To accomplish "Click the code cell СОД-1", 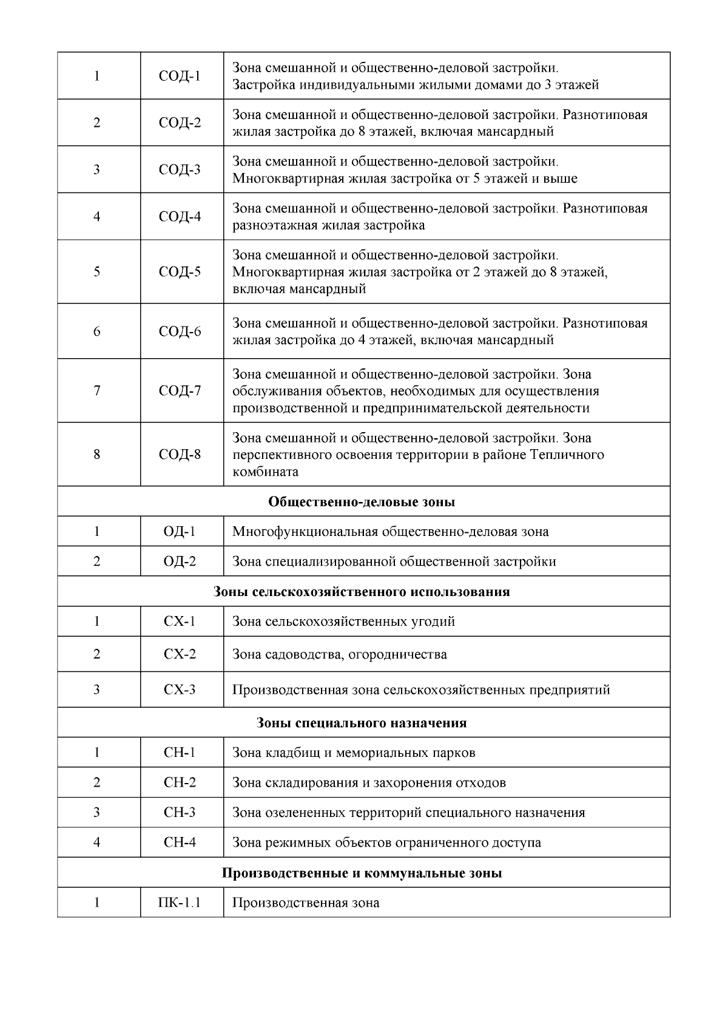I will (180, 76).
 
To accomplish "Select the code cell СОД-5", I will (180, 272).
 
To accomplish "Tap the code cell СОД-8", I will (180, 455).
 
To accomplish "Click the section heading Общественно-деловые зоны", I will (362, 502).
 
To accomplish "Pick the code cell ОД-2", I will (180, 561).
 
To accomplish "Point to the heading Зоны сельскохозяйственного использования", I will (362, 592).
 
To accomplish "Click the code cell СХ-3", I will (180, 690).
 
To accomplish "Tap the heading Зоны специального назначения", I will (362, 723).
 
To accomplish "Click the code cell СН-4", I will (180, 842).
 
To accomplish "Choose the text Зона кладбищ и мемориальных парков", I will (354, 753).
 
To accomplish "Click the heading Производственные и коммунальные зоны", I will (362, 873).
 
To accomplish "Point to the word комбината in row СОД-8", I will (265, 472).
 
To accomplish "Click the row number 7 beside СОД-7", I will (97, 391).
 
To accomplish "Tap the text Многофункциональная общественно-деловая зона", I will (391, 532).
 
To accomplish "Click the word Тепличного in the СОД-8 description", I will (567, 455).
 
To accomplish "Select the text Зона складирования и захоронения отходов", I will (369, 783).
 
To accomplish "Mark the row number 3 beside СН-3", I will (97, 813).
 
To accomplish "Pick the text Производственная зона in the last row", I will (306, 903).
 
